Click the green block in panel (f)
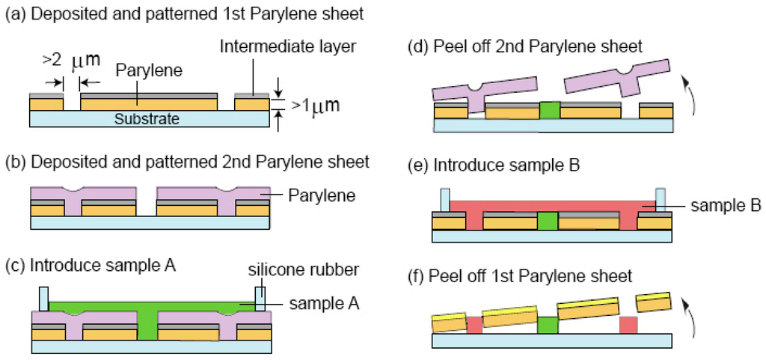(x=548, y=326)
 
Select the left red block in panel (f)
(x=475, y=326)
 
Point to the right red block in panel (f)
(x=628, y=326)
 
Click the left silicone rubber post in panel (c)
(x=43, y=299)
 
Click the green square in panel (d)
(x=549, y=110)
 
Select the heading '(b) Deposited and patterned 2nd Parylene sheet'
(x=187, y=161)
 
